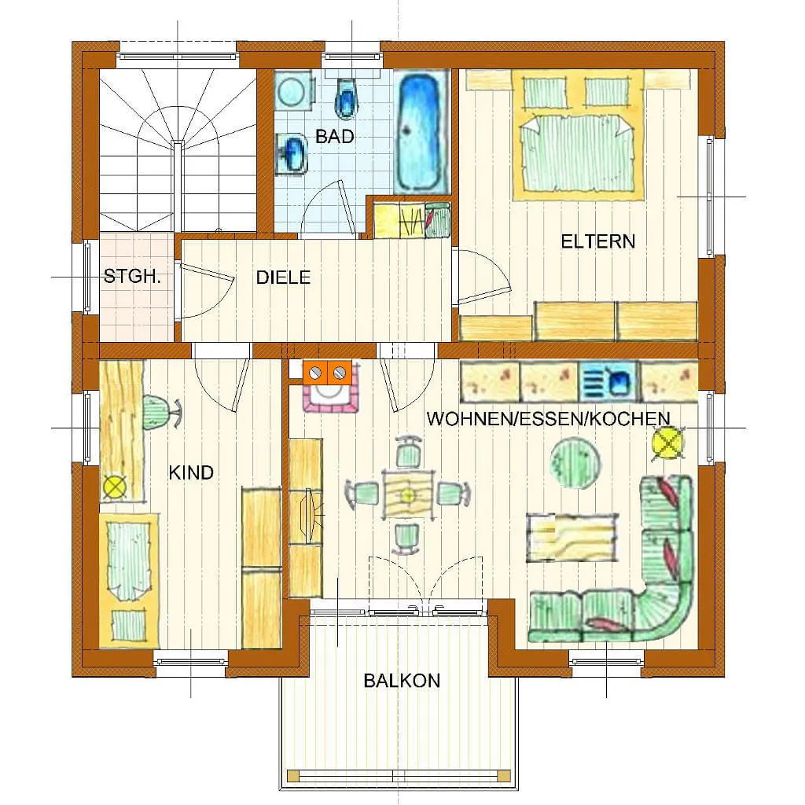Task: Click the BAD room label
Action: (x=335, y=137)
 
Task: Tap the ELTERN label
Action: (x=597, y=241)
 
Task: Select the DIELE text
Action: (x=283, y=278)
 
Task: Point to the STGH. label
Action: (x=132, y=277)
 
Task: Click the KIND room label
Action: (x=191, y=472)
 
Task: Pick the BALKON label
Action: (x=402, y=681)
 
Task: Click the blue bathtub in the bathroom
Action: (x=421, y=132)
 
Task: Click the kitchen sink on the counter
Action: (x=609, y=382)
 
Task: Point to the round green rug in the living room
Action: (x=575, y=463)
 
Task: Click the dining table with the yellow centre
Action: (x=408, y=494)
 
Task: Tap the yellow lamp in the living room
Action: (x=668, y=443)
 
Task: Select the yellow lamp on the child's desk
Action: (x=115, y=487)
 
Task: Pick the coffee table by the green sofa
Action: (x=572, y=537)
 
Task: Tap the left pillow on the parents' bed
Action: (x=546, y=93)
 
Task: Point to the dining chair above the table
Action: (x=409, y=452)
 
